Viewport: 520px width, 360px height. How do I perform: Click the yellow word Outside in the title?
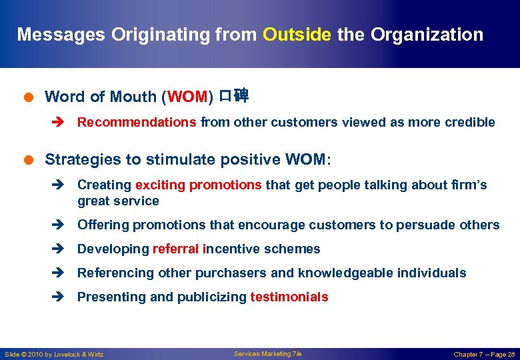297,35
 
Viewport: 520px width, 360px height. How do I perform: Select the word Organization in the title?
427,35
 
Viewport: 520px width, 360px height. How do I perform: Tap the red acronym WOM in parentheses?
187,97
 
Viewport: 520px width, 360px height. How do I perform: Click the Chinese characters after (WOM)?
233,97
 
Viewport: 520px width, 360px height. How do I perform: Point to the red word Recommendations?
137,122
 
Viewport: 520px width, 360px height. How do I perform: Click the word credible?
470,122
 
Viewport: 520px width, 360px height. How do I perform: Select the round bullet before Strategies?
29,160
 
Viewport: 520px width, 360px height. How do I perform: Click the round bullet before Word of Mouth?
29,97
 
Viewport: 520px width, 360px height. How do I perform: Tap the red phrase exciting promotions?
198,185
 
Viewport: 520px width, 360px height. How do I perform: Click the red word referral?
176,249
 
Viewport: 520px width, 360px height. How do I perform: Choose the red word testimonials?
289,297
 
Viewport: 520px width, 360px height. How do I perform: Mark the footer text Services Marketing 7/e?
267,354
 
